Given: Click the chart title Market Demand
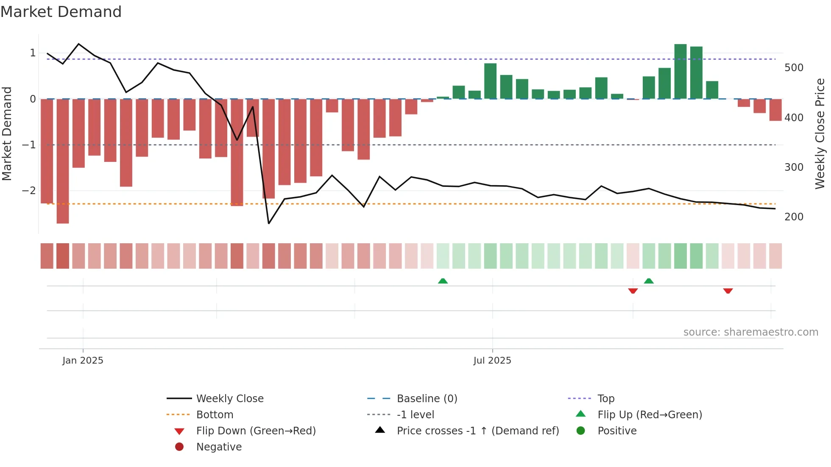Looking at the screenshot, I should [x=61, y=12].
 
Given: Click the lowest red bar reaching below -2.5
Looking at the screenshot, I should [x=63, y=161].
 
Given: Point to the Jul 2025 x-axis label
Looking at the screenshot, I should [x=492, y=361].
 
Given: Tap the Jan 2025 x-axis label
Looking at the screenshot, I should [x=83, y=361].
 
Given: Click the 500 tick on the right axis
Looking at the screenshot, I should [x=794, y=68].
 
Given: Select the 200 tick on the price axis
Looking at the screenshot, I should [x=794, y=217].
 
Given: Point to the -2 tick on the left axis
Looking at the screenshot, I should [x=29, y=190].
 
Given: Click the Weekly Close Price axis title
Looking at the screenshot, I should [x=820, y=133].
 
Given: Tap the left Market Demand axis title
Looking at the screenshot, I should [x=7, y=133].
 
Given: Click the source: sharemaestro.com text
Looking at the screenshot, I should [x=750, y=332].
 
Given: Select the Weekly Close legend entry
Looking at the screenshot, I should [x=229, y=399].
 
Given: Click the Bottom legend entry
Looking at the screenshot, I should [x=215, y=415].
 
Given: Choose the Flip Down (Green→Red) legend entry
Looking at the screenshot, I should [x=256, y=431].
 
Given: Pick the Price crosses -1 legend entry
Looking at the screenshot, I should [x=477, y=431].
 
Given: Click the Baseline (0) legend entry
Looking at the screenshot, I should [x=427, y=399].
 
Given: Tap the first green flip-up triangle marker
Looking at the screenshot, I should [x=443, y=281].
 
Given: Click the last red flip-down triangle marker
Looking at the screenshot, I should [x=728, y=291].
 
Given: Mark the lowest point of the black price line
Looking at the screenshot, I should [x=269, y=223].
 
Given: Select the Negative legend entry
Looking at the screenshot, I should [x=219, y=447].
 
